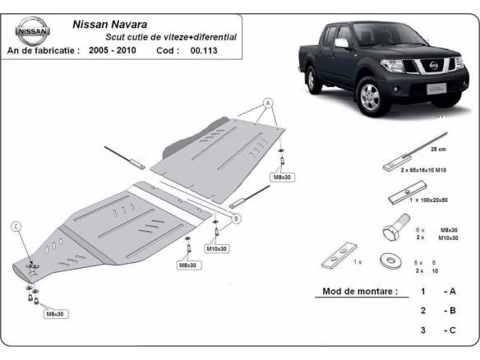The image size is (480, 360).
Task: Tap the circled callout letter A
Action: point(268,104)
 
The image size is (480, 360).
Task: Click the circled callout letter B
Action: point(236,219)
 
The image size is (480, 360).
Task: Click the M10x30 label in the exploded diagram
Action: point(217,248)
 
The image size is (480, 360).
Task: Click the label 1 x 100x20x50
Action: point(424,201)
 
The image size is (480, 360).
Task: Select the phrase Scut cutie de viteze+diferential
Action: point(171,37)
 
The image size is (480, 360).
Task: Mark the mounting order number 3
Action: point(423,330)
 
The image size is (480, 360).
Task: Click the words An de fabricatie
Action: point(44,51)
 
